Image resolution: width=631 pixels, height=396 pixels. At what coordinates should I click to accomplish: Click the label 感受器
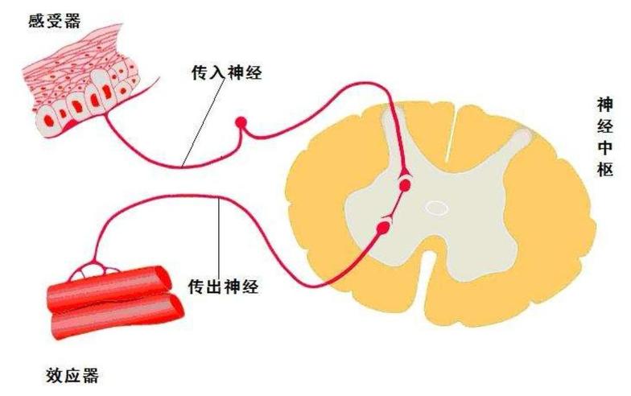click(x=55, y=21)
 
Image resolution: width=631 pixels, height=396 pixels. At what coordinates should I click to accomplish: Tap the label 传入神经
click(x=226, y=72)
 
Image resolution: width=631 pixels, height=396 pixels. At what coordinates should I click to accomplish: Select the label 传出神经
click(x=224, y=287)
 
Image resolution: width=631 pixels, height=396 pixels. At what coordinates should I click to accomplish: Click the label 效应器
click(x=72, y=376)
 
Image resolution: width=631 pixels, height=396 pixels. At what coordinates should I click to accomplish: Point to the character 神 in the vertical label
click(x=605, y=105)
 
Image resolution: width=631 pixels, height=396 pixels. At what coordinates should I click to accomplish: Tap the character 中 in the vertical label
click(x=605, y=147)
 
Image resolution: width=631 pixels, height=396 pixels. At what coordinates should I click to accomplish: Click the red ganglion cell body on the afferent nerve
click(x=241, y=122)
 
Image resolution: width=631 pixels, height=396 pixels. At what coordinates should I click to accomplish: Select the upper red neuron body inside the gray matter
click(x=405, y=185)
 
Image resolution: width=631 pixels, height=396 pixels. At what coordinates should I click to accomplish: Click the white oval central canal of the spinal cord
click(x=438, y=208)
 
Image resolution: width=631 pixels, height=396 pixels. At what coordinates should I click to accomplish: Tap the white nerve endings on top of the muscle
click(x=94, y=270)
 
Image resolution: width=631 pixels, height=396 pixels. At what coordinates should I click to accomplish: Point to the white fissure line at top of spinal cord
click(x=451, y=134)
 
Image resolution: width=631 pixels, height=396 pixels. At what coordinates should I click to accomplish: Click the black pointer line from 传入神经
click(x=203, y=124)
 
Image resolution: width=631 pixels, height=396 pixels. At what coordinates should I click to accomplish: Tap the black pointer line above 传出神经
click(x=219, y=237)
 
